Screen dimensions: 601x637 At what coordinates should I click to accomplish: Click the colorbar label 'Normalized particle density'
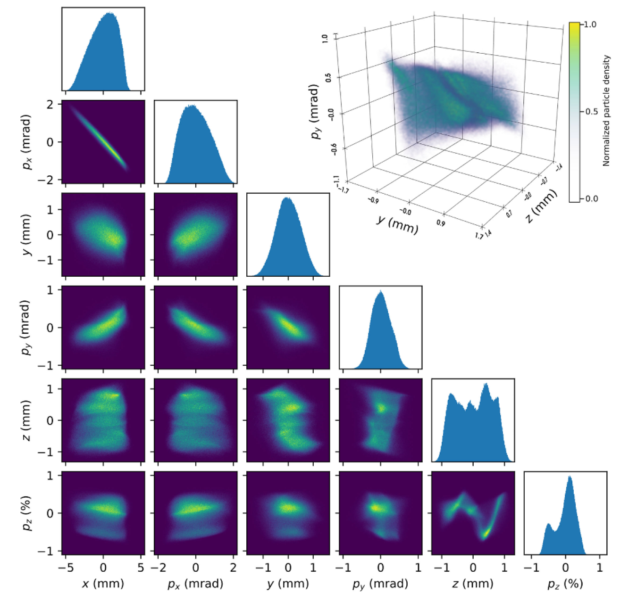tap(606, 111)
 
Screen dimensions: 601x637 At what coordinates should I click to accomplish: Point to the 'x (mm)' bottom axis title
tap(103, 584)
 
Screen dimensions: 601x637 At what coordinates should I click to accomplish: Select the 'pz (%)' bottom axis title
tap(565, 584)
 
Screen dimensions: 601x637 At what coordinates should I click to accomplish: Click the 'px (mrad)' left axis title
tap(26, 142)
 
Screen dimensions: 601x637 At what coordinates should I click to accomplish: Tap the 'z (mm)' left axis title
tap(26, 420)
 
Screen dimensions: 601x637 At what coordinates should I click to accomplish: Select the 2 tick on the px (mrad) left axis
tap(50, 104)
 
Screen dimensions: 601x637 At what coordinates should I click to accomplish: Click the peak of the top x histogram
tap(109, 14)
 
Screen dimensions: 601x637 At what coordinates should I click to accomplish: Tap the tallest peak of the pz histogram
tap(570, 477)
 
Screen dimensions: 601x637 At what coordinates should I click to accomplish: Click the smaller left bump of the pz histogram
tap(548, 524)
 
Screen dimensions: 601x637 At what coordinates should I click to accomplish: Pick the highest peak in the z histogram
tap(486, 385)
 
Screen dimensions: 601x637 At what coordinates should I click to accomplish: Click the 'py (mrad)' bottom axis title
tap(380, 584)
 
